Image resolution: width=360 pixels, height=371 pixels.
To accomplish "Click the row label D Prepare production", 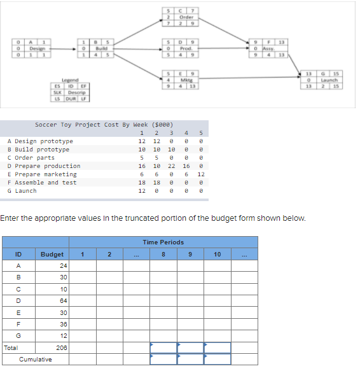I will [44, 166].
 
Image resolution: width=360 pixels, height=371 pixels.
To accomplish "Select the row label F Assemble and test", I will [42, 183].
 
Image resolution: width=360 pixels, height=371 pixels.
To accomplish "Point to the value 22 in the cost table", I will [172, 166].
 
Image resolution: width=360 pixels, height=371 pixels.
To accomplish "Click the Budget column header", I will [52, 255].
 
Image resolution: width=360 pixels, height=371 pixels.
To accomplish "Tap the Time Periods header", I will [163, 242].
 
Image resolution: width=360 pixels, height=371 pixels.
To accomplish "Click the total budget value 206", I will [62, 348].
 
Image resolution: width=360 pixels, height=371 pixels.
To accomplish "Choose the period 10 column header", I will [218, 255].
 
